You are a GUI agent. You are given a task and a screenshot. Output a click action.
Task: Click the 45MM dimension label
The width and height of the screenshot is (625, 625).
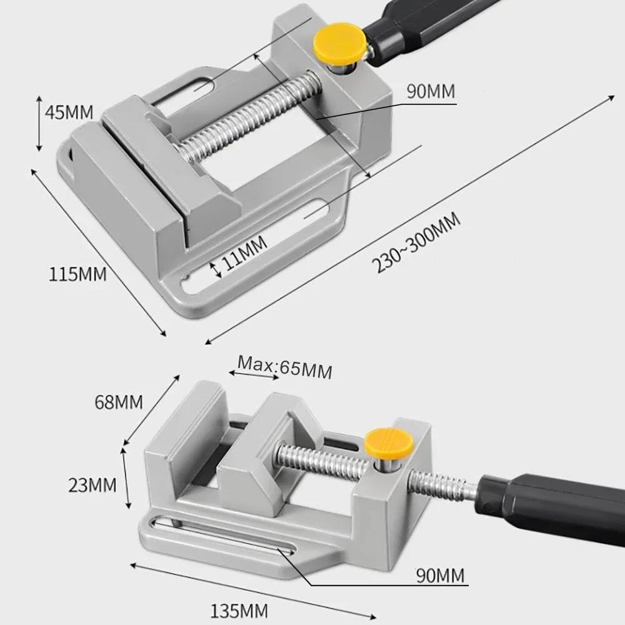coord(70,112)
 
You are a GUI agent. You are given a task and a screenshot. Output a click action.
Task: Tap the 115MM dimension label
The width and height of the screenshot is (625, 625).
coord(78,273)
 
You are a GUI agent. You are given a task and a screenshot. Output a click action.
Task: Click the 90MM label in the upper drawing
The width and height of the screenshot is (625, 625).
coord(431,92)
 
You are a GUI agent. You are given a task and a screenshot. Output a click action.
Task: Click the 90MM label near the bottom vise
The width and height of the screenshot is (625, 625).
coord(441,575)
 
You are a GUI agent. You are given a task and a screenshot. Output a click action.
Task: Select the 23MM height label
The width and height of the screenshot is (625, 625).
coord(93,484)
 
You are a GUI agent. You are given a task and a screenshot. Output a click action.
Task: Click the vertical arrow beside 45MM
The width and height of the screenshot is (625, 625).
coord(39,122)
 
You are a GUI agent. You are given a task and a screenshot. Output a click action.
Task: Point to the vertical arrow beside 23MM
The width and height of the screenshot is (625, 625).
coord(127,476)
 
